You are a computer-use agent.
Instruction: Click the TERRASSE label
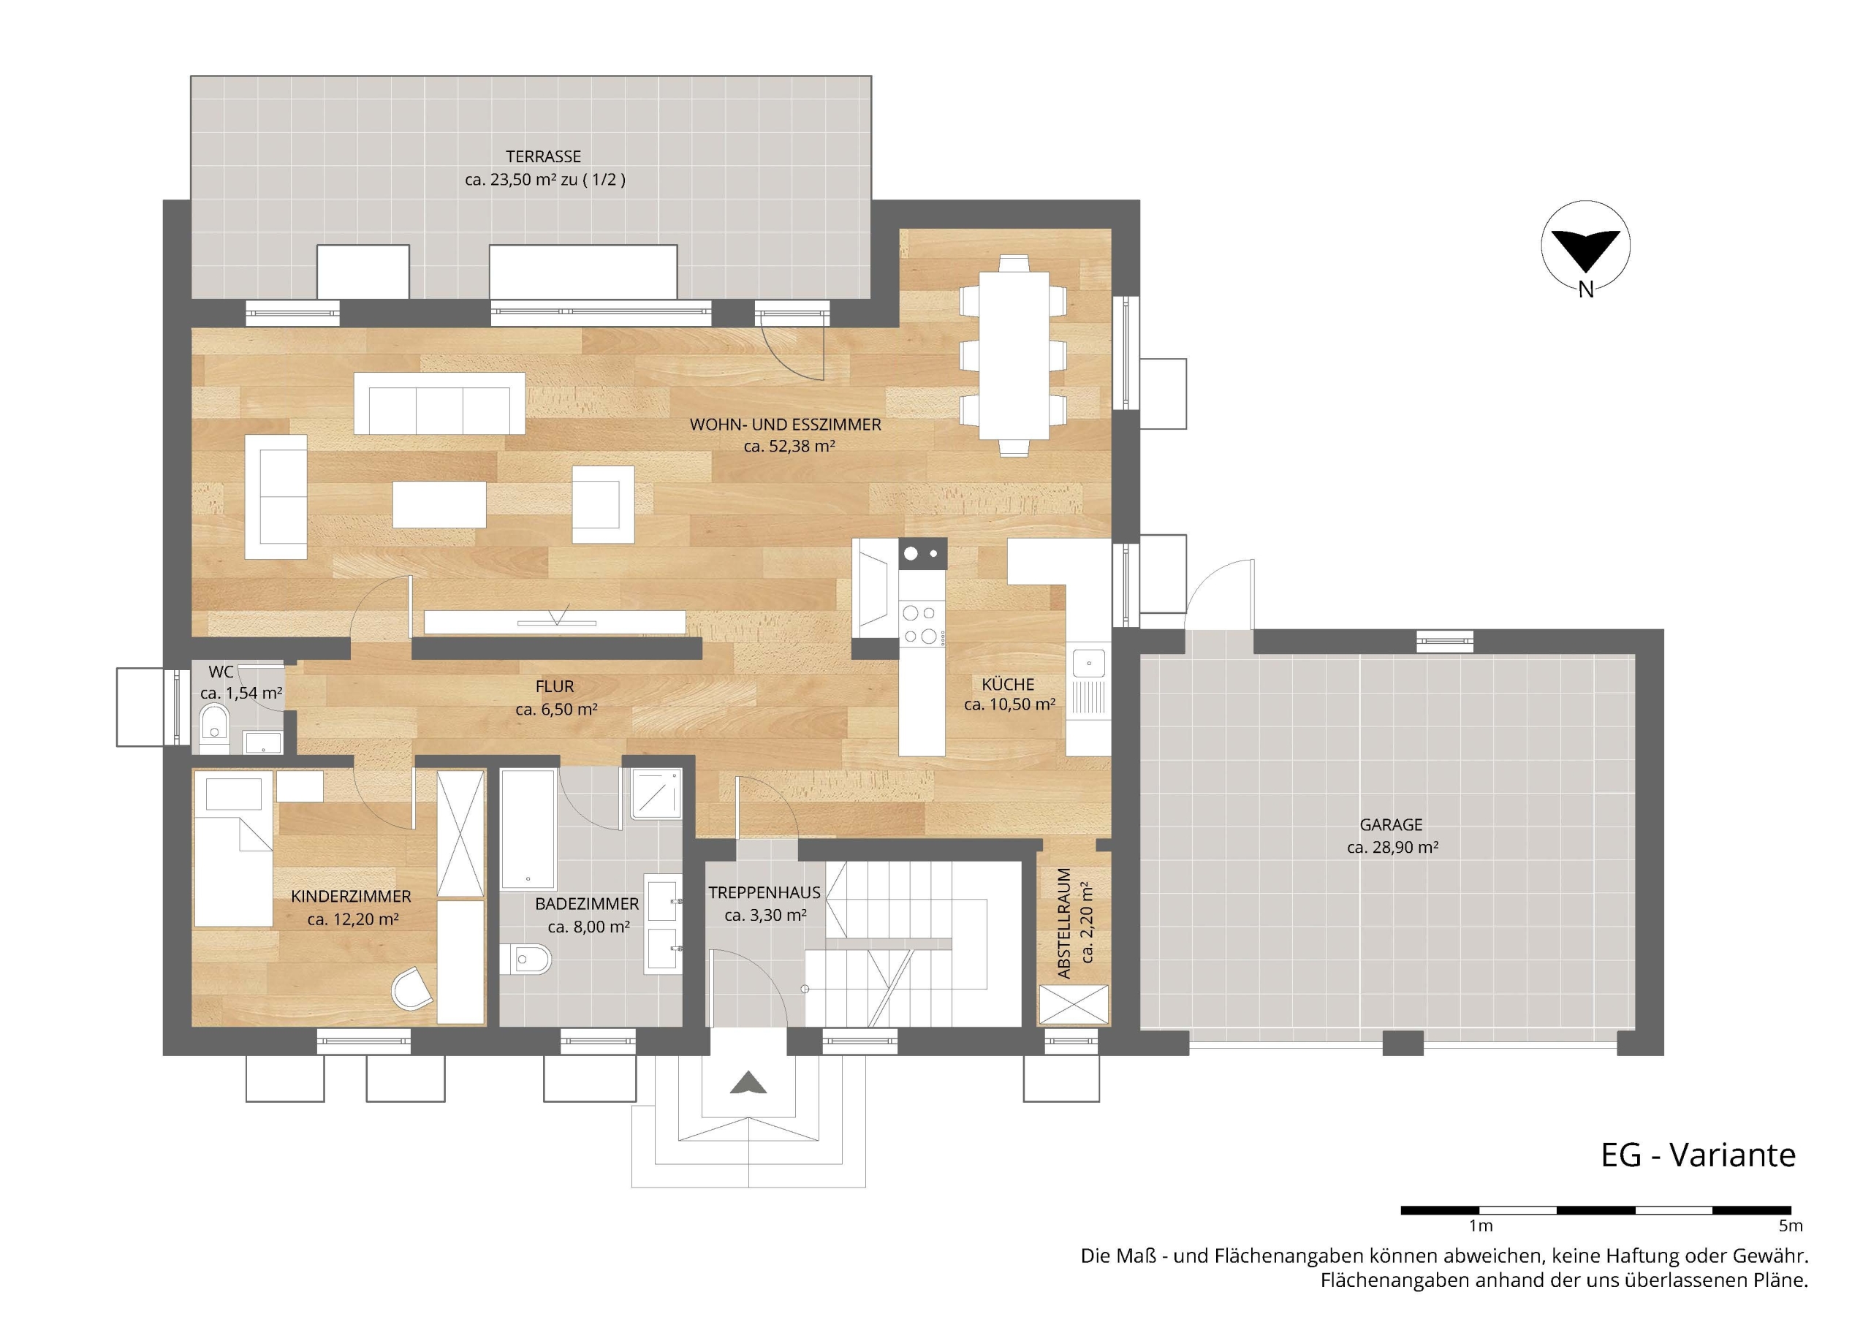(x=543, y=156)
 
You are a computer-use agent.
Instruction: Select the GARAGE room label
(x=1391, y=825)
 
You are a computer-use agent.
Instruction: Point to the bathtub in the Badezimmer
(x=528, y=828)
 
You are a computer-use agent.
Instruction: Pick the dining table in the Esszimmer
(x=1014, y=355)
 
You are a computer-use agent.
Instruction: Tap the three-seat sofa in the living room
(x=439, y=403)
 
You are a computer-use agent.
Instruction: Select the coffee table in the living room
(x=439, y=504)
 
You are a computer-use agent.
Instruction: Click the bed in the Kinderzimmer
(x=233, y=848)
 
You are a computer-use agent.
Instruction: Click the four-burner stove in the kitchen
(x=922, y=625)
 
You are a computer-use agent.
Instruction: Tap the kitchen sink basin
(x=1089, y=664)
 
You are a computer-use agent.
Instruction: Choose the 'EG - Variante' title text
(x=1699, y=1155)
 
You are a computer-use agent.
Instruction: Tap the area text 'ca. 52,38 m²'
(x=789, y=447)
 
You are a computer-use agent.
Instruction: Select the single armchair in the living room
(x=603, y=504)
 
